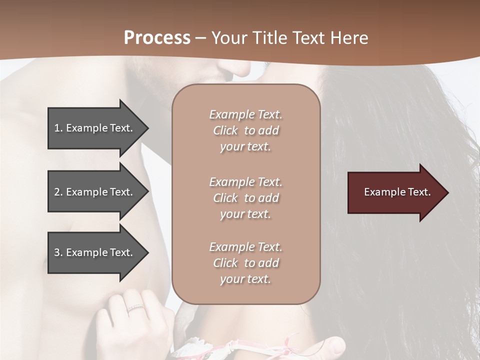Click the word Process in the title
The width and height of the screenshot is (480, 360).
click(x=157, y=38)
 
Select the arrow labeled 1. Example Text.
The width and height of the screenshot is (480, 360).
click(x=95, y=128)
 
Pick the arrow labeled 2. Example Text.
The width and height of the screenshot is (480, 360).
click(x=95, y=192)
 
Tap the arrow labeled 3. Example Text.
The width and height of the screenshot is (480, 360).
click(x=95, y=252)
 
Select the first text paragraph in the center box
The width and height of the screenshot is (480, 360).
click(x=245, y=130)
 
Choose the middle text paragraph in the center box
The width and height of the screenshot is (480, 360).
click(x=245, y=197)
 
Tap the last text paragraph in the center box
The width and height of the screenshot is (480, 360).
click(x=245, y=263)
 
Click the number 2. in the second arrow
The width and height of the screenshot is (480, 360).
click(x=58, y=192)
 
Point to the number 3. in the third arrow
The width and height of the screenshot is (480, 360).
click(x=58, y=252)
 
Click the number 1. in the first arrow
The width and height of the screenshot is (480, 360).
click(x=58, y=128)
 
